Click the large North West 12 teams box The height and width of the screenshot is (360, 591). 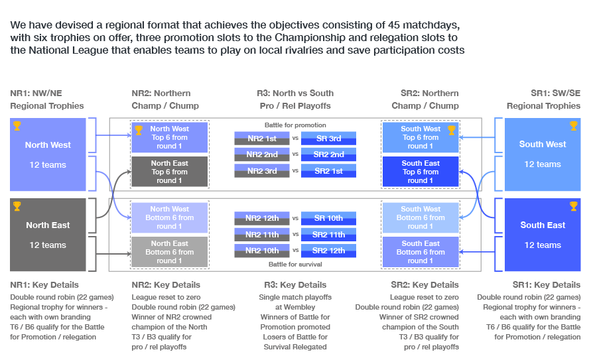[48, 154]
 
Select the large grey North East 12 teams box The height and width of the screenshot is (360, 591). [48, 234]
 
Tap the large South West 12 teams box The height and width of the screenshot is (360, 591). [543, 154]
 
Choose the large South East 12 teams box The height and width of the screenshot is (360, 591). [543, 234]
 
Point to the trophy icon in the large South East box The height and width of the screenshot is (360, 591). [573, 206]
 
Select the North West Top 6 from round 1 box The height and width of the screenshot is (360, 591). [170, 137]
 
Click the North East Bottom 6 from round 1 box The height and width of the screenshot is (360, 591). [170, 252]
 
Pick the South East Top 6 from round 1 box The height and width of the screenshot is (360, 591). [421, 172]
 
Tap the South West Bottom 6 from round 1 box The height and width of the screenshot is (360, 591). [421, 217]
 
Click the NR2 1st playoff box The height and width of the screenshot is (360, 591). [261, 139]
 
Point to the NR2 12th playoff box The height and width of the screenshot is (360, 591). [261, 218]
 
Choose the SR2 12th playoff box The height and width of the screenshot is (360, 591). [328, 251]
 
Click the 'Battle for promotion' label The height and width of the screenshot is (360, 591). [295, 125]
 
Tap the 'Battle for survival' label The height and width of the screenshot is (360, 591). [295, 265]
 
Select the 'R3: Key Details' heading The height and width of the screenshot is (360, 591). [295, 285]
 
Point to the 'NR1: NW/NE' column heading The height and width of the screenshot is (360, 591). [36, 93]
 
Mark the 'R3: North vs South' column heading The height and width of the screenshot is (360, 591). [295, 93]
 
